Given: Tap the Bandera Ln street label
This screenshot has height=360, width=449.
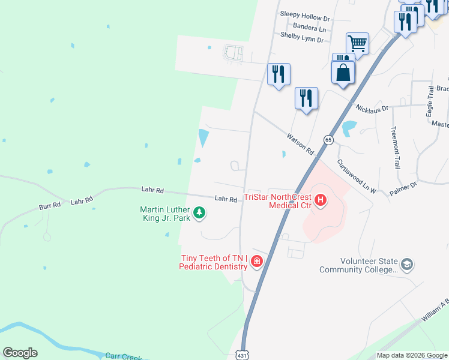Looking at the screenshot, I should [309, 28].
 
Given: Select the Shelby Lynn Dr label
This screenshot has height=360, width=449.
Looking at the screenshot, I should [302, 38].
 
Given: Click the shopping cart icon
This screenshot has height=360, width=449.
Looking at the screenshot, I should [357, 43].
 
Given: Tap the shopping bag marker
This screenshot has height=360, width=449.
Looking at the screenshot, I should [343, 73].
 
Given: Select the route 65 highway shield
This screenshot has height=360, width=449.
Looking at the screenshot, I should [328, 139].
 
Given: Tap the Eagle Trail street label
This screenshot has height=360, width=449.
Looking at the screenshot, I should [430, 100].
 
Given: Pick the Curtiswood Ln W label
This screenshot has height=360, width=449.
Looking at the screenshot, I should [356, 176].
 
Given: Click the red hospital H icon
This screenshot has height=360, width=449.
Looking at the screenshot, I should [320, 200].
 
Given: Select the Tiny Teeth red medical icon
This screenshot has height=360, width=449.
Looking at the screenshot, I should [256, 261].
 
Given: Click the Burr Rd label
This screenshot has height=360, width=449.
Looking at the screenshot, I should [50, 205].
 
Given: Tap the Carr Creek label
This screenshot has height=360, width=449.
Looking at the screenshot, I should [123, 356].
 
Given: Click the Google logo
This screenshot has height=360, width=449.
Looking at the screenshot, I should [20, 352].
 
